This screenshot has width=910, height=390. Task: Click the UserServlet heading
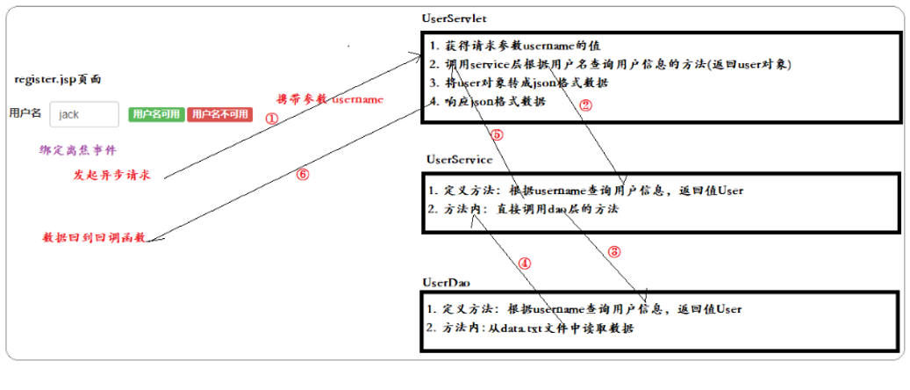(454, 18)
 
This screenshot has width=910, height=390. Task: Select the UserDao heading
(448, 282)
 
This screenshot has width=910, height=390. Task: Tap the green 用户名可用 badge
(155, 114)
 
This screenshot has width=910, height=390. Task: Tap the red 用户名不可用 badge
(219, 114)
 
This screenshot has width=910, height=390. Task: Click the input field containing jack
(84, 114)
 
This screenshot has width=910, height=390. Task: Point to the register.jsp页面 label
(57, 79)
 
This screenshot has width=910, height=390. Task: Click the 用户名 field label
(25, 113)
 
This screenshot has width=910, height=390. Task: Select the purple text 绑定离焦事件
(78, 150)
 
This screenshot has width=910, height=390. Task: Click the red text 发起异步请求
(111, 175)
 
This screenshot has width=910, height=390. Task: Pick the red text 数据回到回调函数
(94, 238)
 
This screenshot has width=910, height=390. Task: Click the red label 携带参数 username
(330, 99)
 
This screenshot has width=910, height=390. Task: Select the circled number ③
(614, 251)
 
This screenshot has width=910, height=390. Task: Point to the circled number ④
(524, 262)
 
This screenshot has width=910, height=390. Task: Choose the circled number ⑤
(496, 134)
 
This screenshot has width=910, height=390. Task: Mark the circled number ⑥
(302, 174)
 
